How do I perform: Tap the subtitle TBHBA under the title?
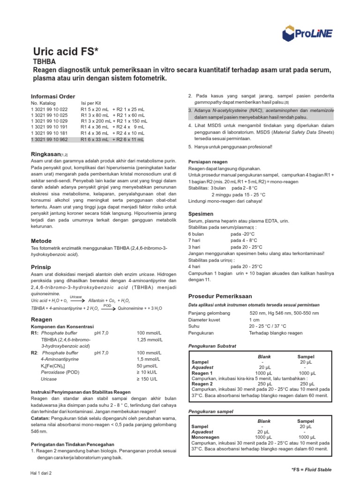coord(45,61)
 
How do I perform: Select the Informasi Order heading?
coord(52,96)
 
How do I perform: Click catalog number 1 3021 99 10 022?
coord(49,109)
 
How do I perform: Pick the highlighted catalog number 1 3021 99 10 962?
coord(49,139)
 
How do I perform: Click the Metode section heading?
coord(41,240)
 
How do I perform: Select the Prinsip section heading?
coord(40,266)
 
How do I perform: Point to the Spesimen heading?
coord(201,213)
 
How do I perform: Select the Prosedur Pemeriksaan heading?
coord(220,296)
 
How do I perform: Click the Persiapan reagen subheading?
coord(208,161)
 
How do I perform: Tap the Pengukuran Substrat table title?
coord(212,346)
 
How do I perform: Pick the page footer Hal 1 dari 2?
coord(41,473)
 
